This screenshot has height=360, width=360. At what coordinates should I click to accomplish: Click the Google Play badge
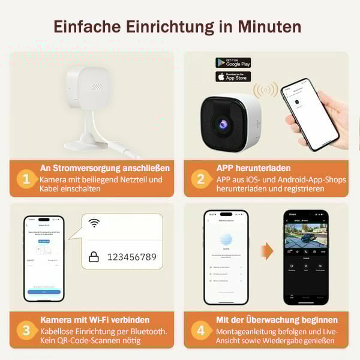click(x=233, y=63)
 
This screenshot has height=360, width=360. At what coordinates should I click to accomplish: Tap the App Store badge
click(x=233, y=76)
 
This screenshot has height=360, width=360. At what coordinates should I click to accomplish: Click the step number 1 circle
click(x=25, y=178)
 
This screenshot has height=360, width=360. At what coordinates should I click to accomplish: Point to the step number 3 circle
click(x=25, y=330)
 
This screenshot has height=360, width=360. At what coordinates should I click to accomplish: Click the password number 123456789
click(x=131, y=257)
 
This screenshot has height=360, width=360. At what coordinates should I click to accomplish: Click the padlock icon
click(x=94, y=257)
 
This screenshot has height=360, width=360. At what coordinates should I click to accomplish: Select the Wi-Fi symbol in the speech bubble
click(x=94, y=223)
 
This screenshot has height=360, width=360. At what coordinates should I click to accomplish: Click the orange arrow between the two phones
click(x=266, y=251)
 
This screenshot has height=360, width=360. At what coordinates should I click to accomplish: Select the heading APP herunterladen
click(x=253, y=168)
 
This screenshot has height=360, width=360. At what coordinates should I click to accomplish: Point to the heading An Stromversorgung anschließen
click(x=104, y=168)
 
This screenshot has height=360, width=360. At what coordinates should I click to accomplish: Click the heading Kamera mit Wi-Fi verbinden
click(x=95, y=320)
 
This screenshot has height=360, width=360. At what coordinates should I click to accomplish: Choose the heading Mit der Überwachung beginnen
click(x=277, y=320)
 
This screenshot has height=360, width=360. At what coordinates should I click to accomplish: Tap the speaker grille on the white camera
click(x=96, y=87)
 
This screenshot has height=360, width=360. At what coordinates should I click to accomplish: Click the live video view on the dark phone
click(x=305, y=240)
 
